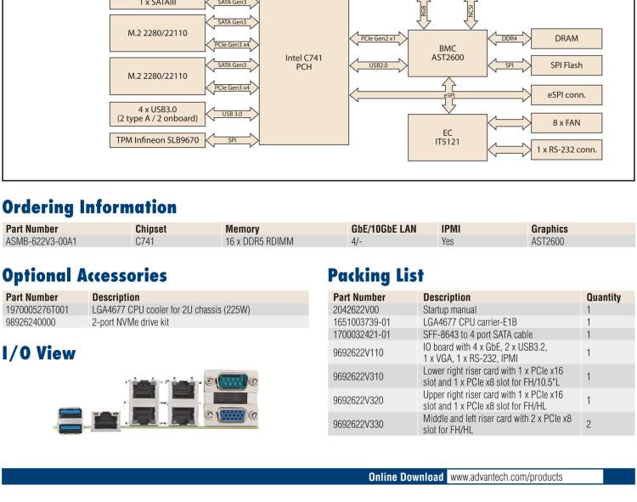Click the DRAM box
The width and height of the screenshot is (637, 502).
pos(567,38)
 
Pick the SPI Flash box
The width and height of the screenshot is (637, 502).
pos(567,65)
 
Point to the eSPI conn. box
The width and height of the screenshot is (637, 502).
pos(567,94)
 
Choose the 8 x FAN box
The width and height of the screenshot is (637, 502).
pos(567,122)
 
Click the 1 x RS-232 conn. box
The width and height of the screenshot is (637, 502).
pos(567,150)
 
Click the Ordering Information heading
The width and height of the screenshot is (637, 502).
pos(89,207)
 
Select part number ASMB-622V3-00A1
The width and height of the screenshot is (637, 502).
pos(41,241)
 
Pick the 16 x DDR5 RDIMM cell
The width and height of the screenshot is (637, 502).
pos(259,241)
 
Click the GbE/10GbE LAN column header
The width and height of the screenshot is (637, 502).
pos(384,229)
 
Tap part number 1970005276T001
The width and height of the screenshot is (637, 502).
pos(37,309)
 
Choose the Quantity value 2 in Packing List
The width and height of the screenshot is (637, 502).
pos(588,422)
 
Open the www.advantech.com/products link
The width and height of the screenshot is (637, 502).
pos(506,477)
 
